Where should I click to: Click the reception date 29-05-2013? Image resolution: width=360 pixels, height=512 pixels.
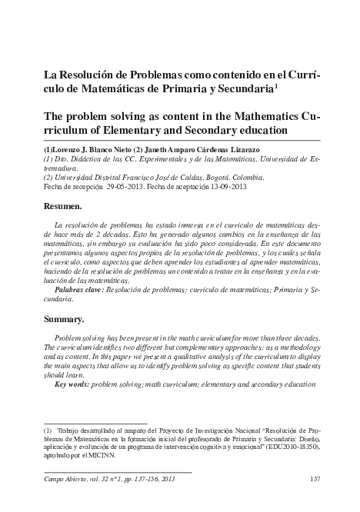click(128, 186)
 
